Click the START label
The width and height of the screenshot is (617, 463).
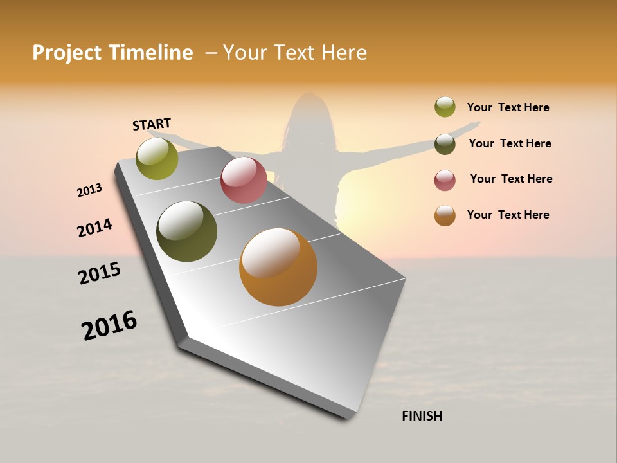tap(152, 124)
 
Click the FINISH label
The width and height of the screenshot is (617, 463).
tap(422, 416)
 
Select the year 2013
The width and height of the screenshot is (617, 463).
tap(90, 190)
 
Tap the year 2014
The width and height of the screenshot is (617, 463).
tap(95, 228)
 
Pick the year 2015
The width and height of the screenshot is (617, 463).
tap(100, 273)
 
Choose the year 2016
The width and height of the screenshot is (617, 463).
tap(109, 325)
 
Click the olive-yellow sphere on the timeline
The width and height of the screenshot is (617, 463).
tap(157, 159)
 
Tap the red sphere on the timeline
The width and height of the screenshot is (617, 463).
tap(244, 180)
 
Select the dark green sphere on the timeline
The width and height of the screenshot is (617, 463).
tap(186, 232)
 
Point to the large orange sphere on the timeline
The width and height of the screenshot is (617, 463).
tap(278, 267)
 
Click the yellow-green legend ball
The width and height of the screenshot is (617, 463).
tap(445, 107)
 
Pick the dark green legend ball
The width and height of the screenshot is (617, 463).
tap(445, 143)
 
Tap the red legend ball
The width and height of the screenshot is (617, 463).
tap(445, 179)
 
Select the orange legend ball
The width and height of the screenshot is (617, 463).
tap(445, 215)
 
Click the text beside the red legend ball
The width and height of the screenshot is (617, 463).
tap(511, 179)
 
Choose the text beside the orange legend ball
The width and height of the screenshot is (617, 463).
tap(508, 215)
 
